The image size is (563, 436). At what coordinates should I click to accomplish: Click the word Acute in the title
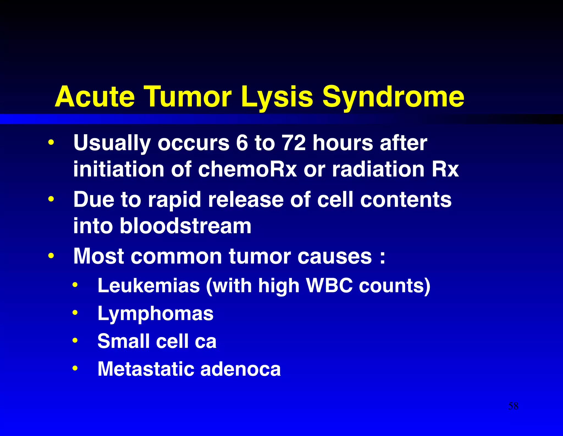point(95,97)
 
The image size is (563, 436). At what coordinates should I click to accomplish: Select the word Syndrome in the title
point(393,97)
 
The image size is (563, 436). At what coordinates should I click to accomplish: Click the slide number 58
point(513,406)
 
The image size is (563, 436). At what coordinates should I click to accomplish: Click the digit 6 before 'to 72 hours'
point(242,143)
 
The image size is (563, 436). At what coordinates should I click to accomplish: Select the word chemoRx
point(247,169)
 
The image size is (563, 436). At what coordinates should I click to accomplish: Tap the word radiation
point(378,169)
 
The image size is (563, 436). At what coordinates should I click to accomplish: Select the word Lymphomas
point(155,314)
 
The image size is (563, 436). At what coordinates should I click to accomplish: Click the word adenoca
point(241,369)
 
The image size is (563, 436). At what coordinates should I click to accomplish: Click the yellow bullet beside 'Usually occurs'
point(51,142)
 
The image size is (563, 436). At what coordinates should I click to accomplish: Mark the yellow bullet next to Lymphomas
point(75,313)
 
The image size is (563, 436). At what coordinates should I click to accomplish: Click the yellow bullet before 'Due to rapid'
point(51,199)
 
